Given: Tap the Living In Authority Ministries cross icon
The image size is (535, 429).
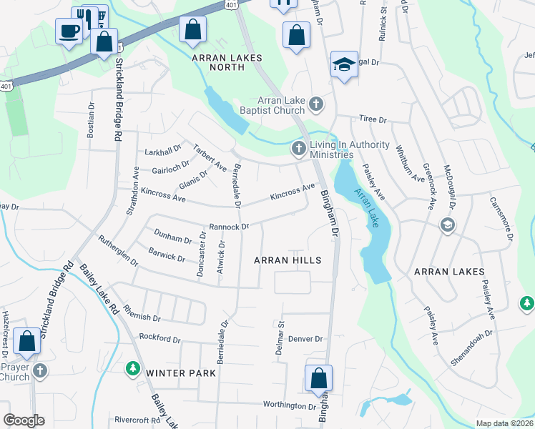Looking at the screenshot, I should coord(298,149).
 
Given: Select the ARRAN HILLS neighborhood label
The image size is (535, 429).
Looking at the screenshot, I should coord(287,260).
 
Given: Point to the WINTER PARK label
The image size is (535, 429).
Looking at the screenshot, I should coord(176,373).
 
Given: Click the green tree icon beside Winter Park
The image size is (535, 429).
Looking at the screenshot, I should coord(132,369).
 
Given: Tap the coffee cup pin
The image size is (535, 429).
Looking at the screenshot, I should coord(69,31).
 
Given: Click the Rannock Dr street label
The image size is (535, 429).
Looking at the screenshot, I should coord(229,227).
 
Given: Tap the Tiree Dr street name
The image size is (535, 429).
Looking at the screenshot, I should coord(372,120).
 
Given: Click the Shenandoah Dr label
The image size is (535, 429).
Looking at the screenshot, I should coord(471,345).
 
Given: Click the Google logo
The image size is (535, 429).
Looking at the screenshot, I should coord(24,420).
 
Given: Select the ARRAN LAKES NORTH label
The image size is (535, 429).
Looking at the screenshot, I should coord(227,58).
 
